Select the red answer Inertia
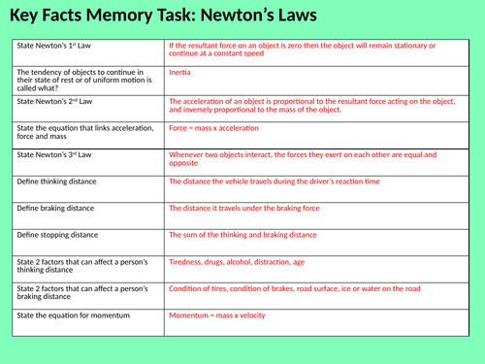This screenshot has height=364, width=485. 179,73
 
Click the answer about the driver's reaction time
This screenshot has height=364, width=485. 275,181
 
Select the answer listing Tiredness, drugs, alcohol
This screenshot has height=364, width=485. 249,262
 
